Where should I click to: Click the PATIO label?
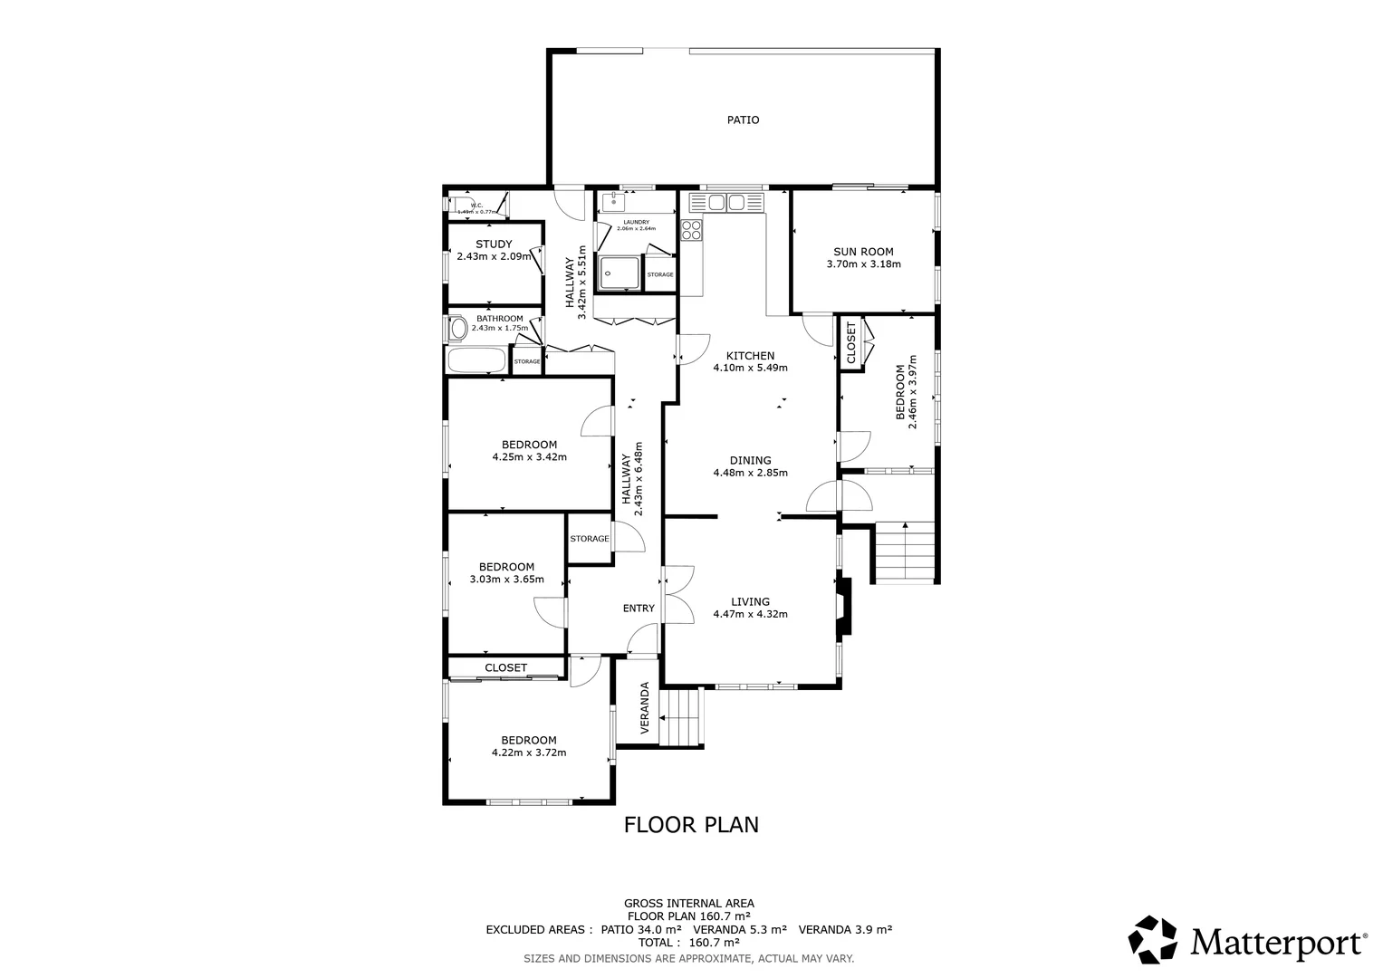[x=743, y=120]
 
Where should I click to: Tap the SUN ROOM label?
[x=863, y=252]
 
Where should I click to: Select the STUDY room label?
[x=494, y=244]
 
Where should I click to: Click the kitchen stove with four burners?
[x=692, y=230]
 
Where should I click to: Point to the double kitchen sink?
[x=726, y=202]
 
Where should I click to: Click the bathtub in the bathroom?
[x=476, y=360]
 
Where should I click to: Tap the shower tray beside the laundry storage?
[x=619, y=272]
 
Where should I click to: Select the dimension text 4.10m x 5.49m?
[x=750, y=368]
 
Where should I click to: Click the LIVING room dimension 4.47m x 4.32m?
[x=750, y=614]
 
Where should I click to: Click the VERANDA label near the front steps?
[x=645, y=707]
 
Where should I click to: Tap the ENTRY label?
[x=639, y=608]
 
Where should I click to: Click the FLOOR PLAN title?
[x=691, y=824]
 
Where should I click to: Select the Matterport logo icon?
[x=1153, y=940]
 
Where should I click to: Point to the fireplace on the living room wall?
[x=843, y=607]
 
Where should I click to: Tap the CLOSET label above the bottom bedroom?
[x=505, y=667]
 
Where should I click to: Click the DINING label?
[x=750, y=460]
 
